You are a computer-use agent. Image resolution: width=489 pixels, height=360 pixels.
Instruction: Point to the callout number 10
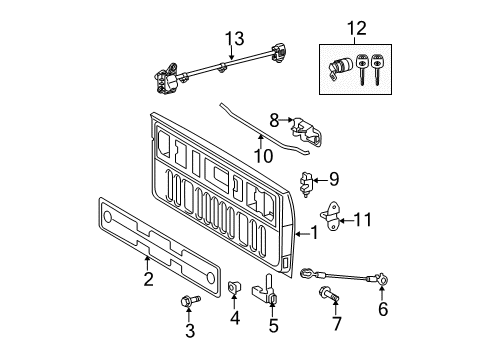261,155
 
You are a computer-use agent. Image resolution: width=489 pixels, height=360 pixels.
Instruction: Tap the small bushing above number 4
233,290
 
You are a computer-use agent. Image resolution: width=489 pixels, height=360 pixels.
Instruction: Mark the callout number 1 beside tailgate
316,234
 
